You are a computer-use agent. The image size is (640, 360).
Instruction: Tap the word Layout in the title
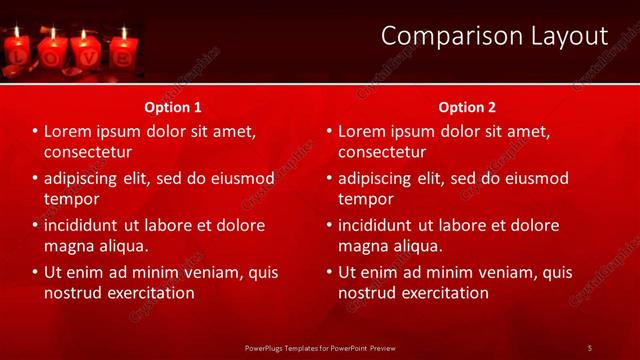pos(562,36)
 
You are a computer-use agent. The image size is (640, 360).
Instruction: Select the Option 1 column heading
pos(173,107)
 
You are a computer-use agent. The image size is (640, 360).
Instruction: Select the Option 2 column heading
pos(467,107)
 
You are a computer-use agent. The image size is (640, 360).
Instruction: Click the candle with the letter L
pos(17,52)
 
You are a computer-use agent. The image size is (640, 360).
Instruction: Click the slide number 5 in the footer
pos(589,347)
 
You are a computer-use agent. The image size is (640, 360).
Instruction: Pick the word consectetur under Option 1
pos(88,152)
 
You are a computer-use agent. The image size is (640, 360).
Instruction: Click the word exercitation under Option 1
pos(150,293)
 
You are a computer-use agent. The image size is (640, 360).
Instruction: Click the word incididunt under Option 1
pos(85,225)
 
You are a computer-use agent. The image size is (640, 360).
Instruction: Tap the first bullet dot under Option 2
pos(329,132)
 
